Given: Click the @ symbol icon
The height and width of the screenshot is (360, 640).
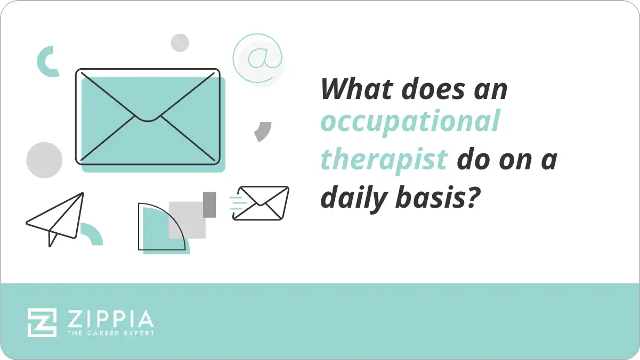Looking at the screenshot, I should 257,58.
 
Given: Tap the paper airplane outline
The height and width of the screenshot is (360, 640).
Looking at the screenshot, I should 56,218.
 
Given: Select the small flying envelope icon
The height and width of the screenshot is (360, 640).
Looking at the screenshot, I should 261,202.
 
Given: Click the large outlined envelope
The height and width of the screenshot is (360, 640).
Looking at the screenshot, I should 148,116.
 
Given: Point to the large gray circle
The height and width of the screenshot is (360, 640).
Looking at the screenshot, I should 44,160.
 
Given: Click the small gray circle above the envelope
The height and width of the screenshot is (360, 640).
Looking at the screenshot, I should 180,43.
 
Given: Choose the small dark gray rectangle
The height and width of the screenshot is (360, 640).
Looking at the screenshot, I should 209,204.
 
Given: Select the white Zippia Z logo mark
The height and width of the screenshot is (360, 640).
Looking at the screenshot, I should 42,322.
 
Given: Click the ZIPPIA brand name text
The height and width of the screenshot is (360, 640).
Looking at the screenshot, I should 110,319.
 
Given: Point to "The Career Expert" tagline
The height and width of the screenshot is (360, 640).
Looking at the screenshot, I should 110,333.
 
